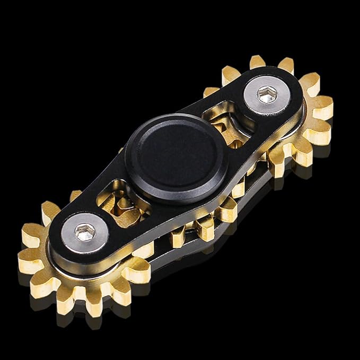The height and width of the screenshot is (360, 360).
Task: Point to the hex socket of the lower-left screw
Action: point(85,231)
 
